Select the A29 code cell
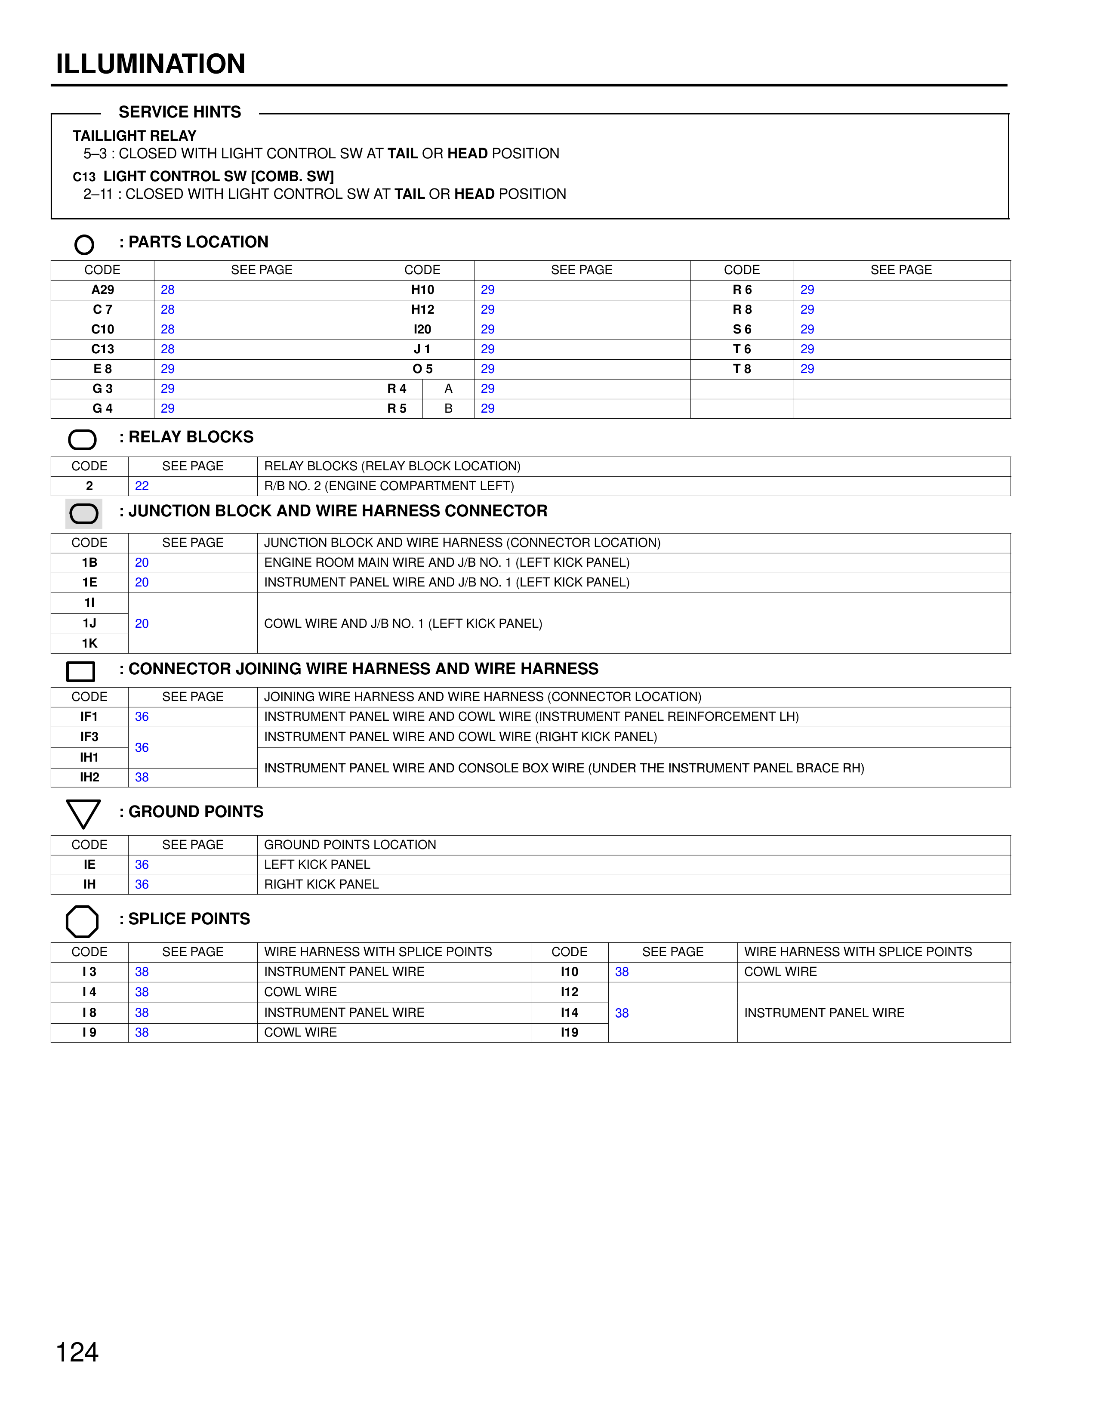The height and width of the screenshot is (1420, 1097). (103, 290)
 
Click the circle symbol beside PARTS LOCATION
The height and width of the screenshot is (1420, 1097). (84, 244)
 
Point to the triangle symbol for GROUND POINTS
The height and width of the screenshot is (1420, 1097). (83, 813)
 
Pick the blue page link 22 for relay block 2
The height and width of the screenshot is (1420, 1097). (142, 486)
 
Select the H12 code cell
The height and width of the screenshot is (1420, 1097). (422, 309)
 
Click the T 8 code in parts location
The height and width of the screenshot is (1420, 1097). (742, 369)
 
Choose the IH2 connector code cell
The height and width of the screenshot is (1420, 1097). (89, 778)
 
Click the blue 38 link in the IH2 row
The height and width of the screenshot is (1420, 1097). (142, 778)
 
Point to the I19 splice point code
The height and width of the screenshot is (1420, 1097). (569, 1032)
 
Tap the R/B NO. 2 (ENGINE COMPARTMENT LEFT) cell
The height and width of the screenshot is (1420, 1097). (388, 486)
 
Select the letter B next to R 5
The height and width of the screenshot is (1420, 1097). (448, 409)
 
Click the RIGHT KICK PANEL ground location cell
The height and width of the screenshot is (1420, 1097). (321, 885)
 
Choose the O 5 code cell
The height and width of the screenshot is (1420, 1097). (422, 369)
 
